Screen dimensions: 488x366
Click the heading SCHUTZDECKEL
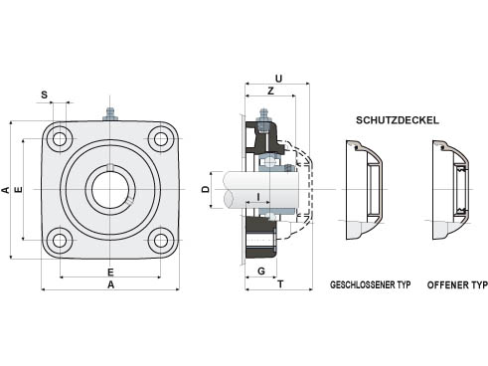[x=398, y=120]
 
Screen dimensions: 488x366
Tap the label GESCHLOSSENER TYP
[x=371, y=284]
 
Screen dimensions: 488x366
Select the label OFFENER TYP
[x=457, y=284]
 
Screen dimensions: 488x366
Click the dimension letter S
[x=44, y=95]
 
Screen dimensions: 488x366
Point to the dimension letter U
[x=278, y=79]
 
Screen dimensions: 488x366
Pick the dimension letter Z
[x=270, y=91]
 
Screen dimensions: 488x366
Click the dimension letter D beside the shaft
[x=206, y=189]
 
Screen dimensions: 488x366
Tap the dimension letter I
[x=258, y=197]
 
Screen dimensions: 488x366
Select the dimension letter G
[x=261, y=272]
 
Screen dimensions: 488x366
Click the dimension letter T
[x=280, y=284]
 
